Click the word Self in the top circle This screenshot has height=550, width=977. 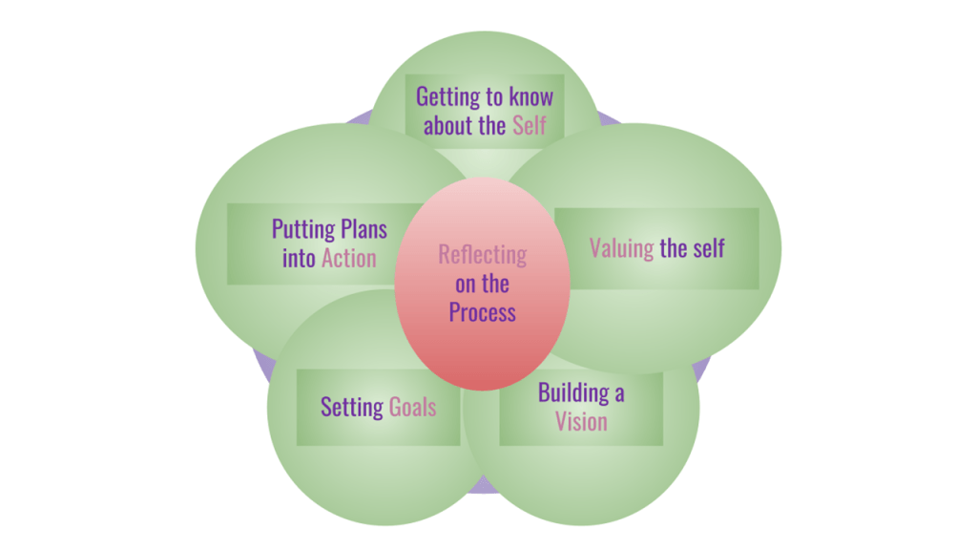[530, 125]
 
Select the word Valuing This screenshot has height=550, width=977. [621, 249]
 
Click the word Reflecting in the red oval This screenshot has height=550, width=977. [483, 255]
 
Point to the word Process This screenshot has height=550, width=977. [483, 312]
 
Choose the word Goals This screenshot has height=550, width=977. [412, 408]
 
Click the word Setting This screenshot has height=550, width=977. [352, 408]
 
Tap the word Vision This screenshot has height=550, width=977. [581, 421]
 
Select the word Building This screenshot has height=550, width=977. [573, 392]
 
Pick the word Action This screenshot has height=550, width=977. [349, 258]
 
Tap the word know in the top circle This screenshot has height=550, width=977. [530, 97]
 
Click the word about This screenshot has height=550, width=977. [450, 125]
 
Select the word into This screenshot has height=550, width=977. [299, 258]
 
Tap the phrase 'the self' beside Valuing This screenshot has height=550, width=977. [692, 249]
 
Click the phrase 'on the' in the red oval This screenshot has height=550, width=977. [483, 284]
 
